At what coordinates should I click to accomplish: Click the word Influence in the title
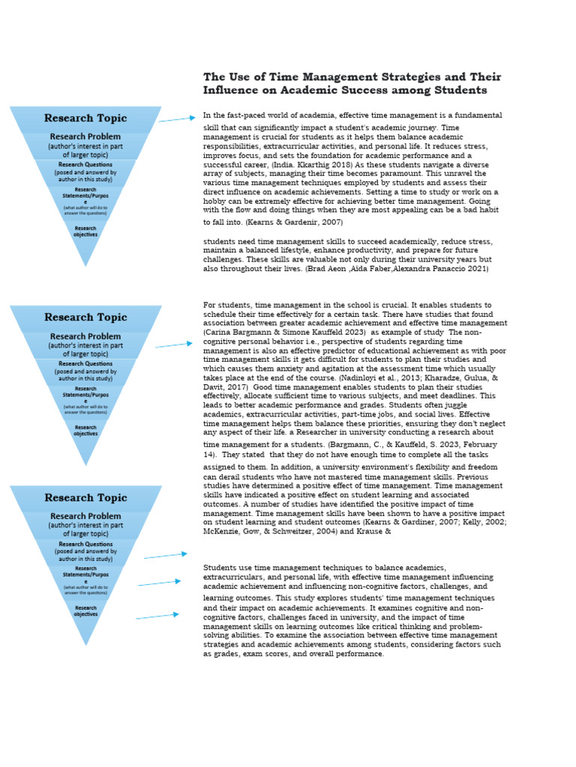(x=229, y=91)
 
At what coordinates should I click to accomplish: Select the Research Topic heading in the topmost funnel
(x=85, y=118)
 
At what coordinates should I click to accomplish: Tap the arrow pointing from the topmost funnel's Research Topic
(x=177, y=118)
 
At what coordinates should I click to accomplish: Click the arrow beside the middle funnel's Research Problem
(x=174, y=345)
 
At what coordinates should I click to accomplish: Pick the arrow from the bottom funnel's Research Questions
(x=166, y=556)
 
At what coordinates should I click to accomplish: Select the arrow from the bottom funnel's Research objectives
(x=157, y=616)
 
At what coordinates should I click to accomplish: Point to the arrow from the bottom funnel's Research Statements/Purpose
(x=160, y=583)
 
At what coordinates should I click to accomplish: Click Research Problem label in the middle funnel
(x=85, y=337)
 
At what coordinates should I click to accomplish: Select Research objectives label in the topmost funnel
(x=85, y=231)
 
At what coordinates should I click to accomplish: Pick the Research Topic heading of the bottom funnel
(x=85, y=498)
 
